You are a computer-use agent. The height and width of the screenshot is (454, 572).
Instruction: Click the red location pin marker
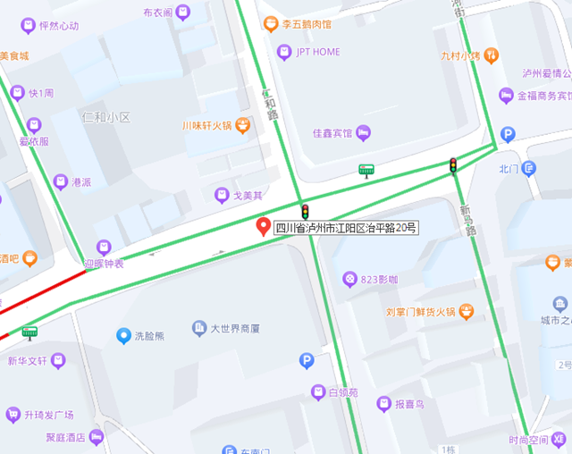(263, 226)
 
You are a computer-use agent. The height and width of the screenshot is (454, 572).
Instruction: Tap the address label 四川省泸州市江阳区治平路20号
(345, 229)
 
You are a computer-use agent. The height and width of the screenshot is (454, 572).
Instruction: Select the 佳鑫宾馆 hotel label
(332, 133)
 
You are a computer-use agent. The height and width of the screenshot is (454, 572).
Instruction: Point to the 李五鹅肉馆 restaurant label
(307, 24)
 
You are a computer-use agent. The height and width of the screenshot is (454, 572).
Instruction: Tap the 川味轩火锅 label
(207, 126)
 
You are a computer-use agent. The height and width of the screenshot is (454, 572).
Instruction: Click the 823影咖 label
(379, 280)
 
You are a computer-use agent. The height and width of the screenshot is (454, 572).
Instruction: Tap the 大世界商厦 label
(234, 329)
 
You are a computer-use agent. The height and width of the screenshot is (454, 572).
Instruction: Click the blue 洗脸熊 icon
(124, 336)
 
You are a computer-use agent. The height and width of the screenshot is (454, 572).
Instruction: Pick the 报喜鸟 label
(418, 404)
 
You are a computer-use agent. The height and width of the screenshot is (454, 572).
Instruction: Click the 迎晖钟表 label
(104, 264)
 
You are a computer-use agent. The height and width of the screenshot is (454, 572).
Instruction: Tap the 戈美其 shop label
(248, 195)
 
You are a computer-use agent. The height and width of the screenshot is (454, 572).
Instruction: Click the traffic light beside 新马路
(453, 165)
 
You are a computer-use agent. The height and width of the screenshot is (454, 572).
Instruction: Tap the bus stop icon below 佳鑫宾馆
(366, 170)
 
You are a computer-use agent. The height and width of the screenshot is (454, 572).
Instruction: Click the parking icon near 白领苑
(307, 361)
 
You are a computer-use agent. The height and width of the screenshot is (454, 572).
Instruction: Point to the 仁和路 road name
(269, 105)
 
